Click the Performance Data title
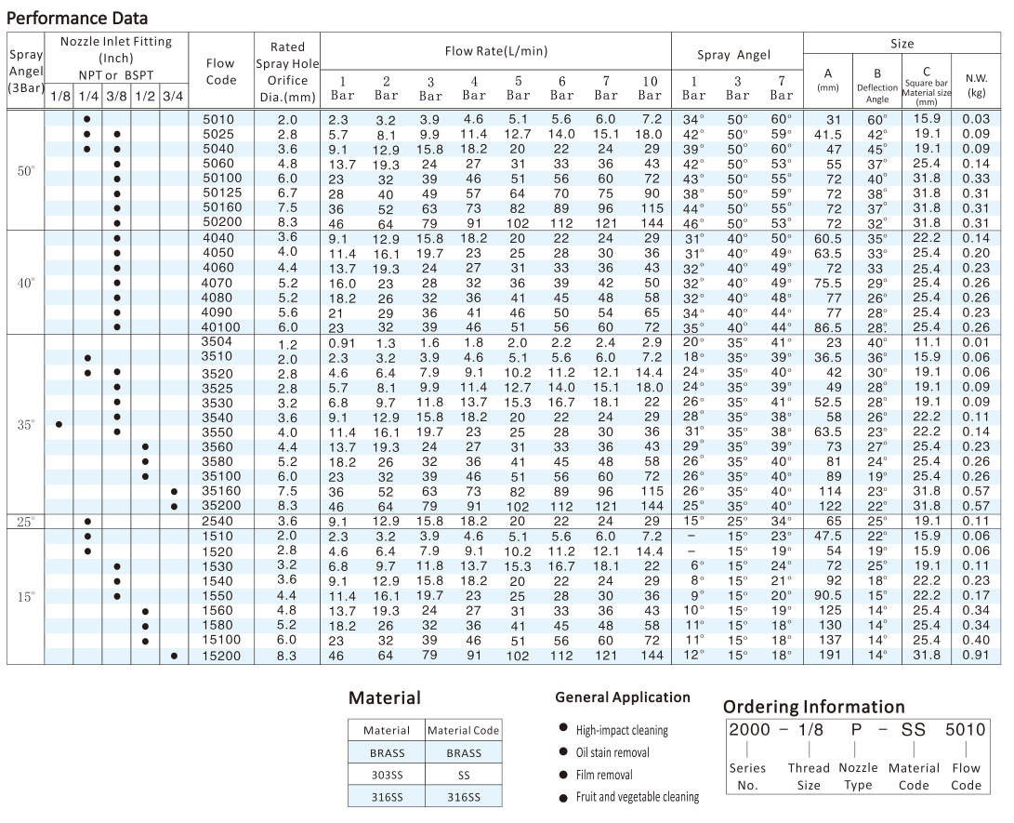[x=77, y=18]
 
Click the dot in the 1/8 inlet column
[x=59, y=424]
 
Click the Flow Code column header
[x=221, y=72]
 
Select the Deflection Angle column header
[x=877, y=86]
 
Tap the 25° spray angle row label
[x=26, y=521]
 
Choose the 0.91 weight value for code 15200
[x=976, y=656]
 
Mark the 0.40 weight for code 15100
[x=976, y=641]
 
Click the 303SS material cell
[x=387, y=775]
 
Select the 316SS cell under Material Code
[x=464, y=797]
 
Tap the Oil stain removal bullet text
[x=612, y=752]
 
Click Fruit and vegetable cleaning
[x=637, y=797]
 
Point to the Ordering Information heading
[x=813, y=707]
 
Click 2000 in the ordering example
[x=749, y=730]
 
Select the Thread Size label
[x=809, y=777]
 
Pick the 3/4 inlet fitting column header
[x=173, y=97]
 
